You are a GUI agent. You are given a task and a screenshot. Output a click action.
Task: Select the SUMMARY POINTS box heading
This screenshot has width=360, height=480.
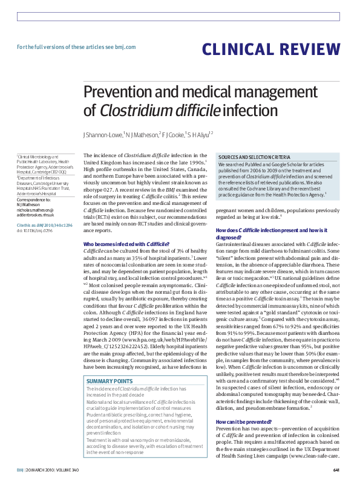(x=110, y=381)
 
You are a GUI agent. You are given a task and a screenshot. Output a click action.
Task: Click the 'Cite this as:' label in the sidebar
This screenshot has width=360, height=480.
(x=26, y=224)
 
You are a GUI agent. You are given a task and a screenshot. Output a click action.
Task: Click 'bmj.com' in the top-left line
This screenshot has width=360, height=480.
(x=125, y=47)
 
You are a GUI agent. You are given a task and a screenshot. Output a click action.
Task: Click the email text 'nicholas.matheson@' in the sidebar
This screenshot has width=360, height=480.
(x=36, y=209)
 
